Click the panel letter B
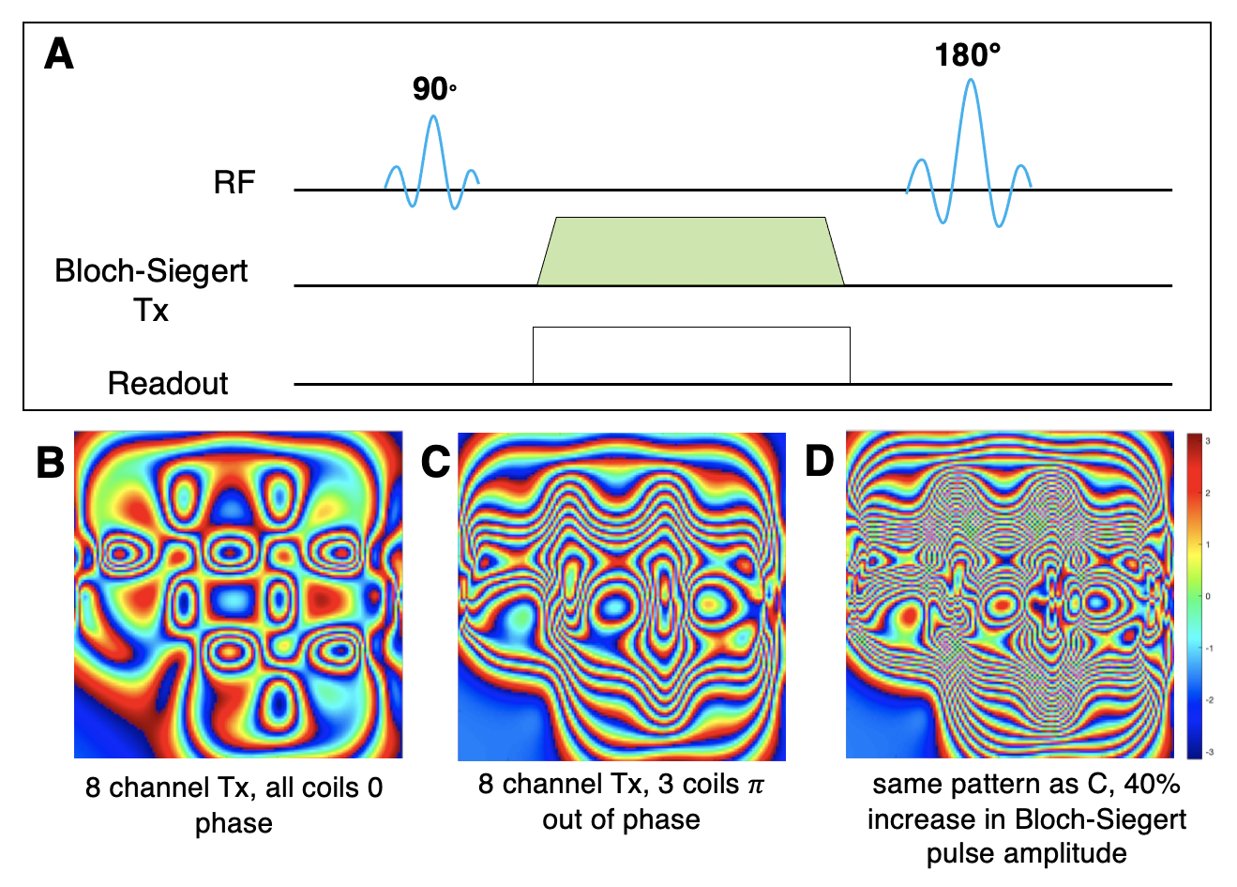coord(51,462)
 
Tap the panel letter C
coord(435,462)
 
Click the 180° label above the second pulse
coord(967,55)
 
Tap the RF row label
coord(234,182)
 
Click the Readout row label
coord(168,383)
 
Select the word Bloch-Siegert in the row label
coord(151,271)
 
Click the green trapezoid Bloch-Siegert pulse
coord(690,252)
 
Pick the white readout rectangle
coord(691,355)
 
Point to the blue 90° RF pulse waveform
coord(432,160)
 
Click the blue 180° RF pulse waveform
coord(971,150)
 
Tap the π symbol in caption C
coord(755,785)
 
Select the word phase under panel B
coord(234,823)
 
